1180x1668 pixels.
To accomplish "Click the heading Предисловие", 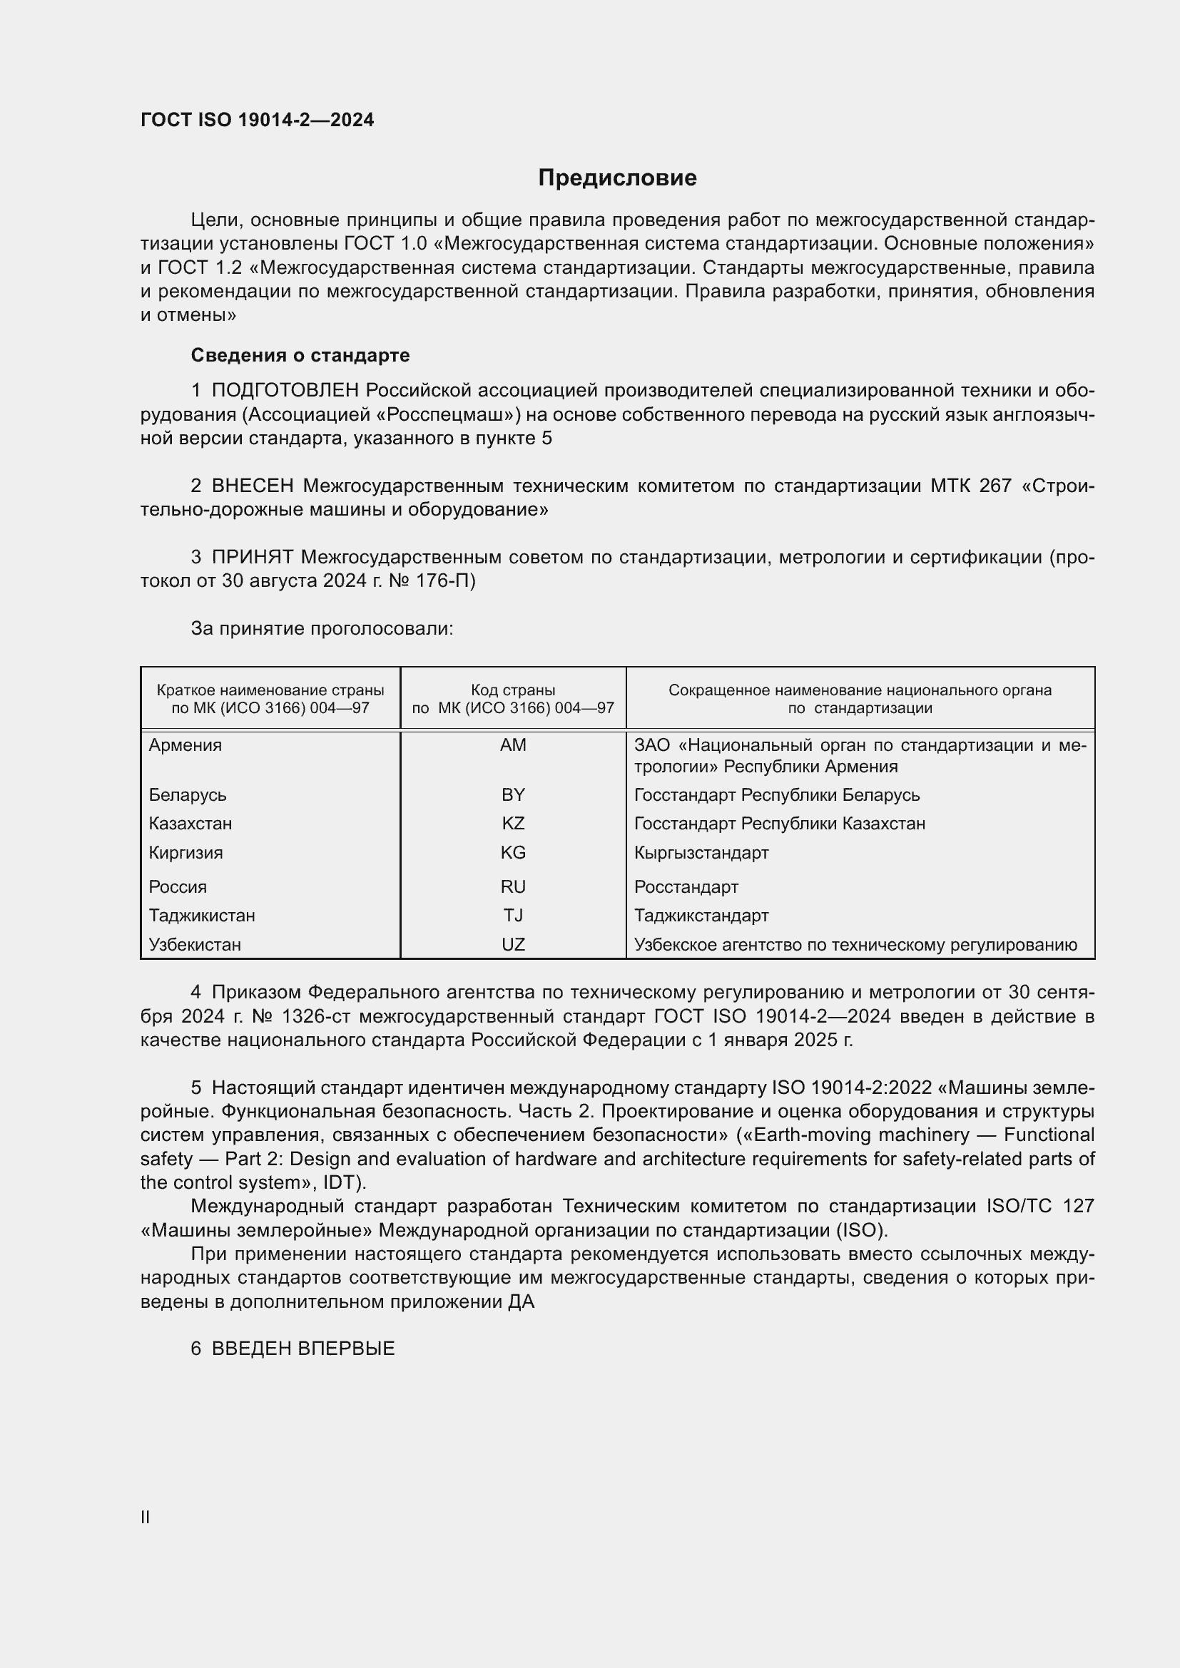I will tap(617, 178).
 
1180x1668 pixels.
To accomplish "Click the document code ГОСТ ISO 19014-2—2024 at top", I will tap(258, 120).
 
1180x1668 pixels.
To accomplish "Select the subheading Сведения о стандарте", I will tap(300, 355).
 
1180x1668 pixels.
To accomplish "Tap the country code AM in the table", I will tap(513, 745).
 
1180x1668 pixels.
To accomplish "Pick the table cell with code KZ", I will tap(513, 824).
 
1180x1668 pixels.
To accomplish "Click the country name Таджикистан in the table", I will tap(202, 916).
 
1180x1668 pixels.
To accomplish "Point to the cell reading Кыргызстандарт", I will tap(701, 853).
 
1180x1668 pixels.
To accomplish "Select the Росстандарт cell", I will tap(686, 887).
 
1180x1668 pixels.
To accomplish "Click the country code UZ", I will tap(513, 944).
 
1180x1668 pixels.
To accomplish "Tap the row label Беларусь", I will tap(188, 794).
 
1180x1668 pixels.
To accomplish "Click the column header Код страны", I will tap(513, 690).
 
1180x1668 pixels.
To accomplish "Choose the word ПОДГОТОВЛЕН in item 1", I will tap(285, 391).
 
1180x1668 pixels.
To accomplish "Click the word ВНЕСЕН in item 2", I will tap(253, 486).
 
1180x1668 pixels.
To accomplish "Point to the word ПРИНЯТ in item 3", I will tap(252, 557).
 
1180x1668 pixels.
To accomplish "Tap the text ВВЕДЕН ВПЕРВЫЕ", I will tap(303, 1349).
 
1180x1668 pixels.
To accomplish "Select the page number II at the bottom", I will tap(146, 1518).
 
